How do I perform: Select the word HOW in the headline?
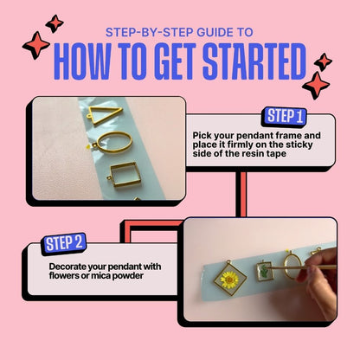[x=87, y=61]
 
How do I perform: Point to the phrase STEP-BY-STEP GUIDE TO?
[x=179, y=32]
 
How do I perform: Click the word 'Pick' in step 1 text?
[x=203, y=135]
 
